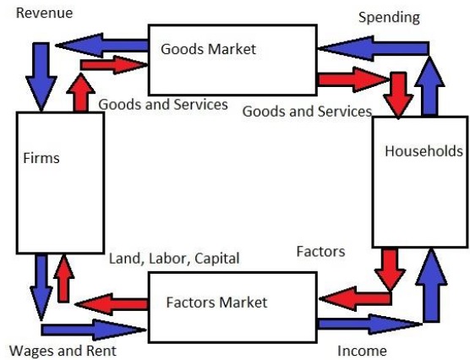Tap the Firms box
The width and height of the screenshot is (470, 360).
click(60, 182)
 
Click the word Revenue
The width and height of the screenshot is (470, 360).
click(44, 14)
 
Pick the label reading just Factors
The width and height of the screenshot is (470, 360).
click(320, 251)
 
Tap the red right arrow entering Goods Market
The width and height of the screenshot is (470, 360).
click(110, 65)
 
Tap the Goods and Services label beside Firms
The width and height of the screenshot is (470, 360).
click(162, 104)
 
